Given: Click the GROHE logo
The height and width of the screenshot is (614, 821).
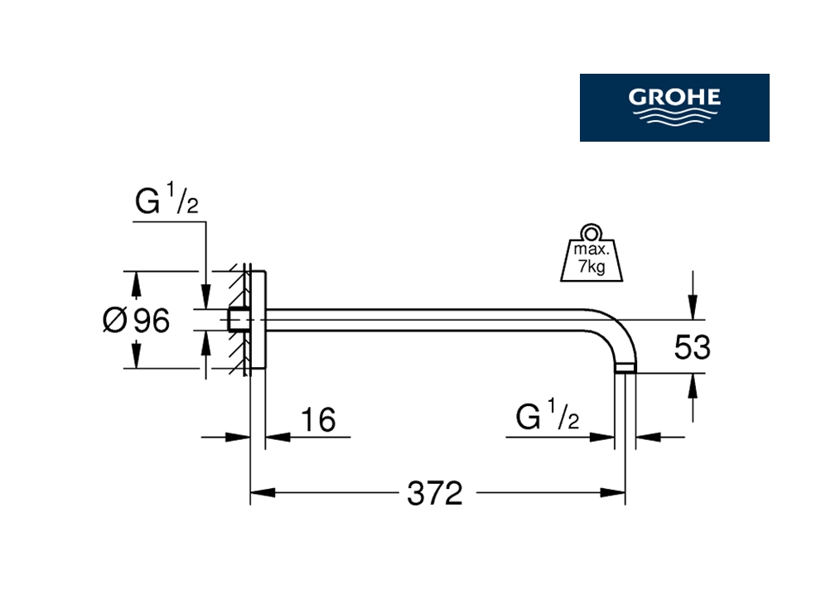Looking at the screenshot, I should tap(674, 107).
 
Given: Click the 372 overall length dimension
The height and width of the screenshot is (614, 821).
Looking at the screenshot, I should tap(434, 494).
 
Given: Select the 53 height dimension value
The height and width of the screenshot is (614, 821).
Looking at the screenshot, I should tap(692, 348).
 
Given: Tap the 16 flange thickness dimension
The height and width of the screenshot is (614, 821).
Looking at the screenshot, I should tap(317, 420).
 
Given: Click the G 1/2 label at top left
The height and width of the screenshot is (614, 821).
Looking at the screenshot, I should tap(167, 203).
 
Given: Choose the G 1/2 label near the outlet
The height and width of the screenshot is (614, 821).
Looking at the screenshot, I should tap(547, 418).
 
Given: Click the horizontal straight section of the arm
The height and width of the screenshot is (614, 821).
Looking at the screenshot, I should tap(431, 320).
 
